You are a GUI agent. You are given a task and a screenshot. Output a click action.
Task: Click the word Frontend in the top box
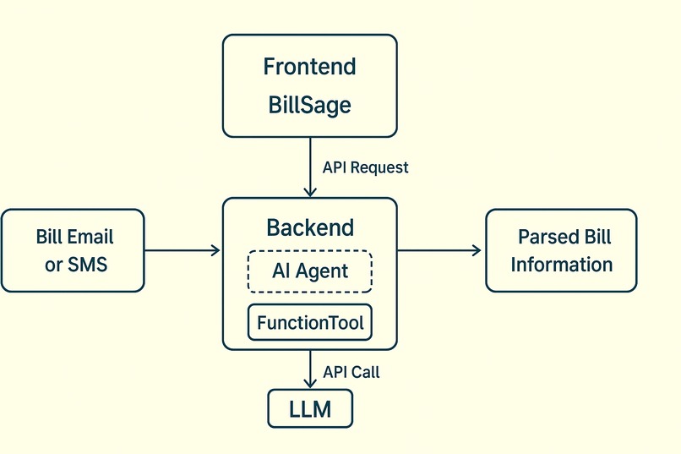click(x=309, y=67)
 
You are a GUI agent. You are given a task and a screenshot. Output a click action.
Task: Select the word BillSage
click(x=309, y=106)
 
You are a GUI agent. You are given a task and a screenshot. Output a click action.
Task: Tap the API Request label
click(x=365, y=167)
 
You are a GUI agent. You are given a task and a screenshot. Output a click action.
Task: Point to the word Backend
click(x=309, y=227)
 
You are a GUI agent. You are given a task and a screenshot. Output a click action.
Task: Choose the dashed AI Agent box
click(x=309, y=271)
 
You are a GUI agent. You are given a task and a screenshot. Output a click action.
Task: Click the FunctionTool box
click(x=309, y=323)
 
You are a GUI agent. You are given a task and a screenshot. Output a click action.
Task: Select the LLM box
click(x=309, y=410)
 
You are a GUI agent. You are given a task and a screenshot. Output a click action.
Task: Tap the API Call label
click(x=351, y=372)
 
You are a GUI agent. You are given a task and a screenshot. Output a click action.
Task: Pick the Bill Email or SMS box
click(x=73, y=251)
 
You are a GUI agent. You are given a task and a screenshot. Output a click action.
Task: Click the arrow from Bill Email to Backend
click(x=182, y=250)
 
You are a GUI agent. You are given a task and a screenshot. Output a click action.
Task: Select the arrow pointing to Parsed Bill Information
click(x=439, y=250)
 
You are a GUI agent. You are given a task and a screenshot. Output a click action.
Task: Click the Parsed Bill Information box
click(x=561, y=251)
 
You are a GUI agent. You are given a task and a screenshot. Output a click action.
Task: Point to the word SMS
click(x=88, y=265)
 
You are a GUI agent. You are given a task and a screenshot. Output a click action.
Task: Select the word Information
click(x=561, y=265)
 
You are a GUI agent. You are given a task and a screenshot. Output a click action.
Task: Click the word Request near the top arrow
click(x=379, y=167)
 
